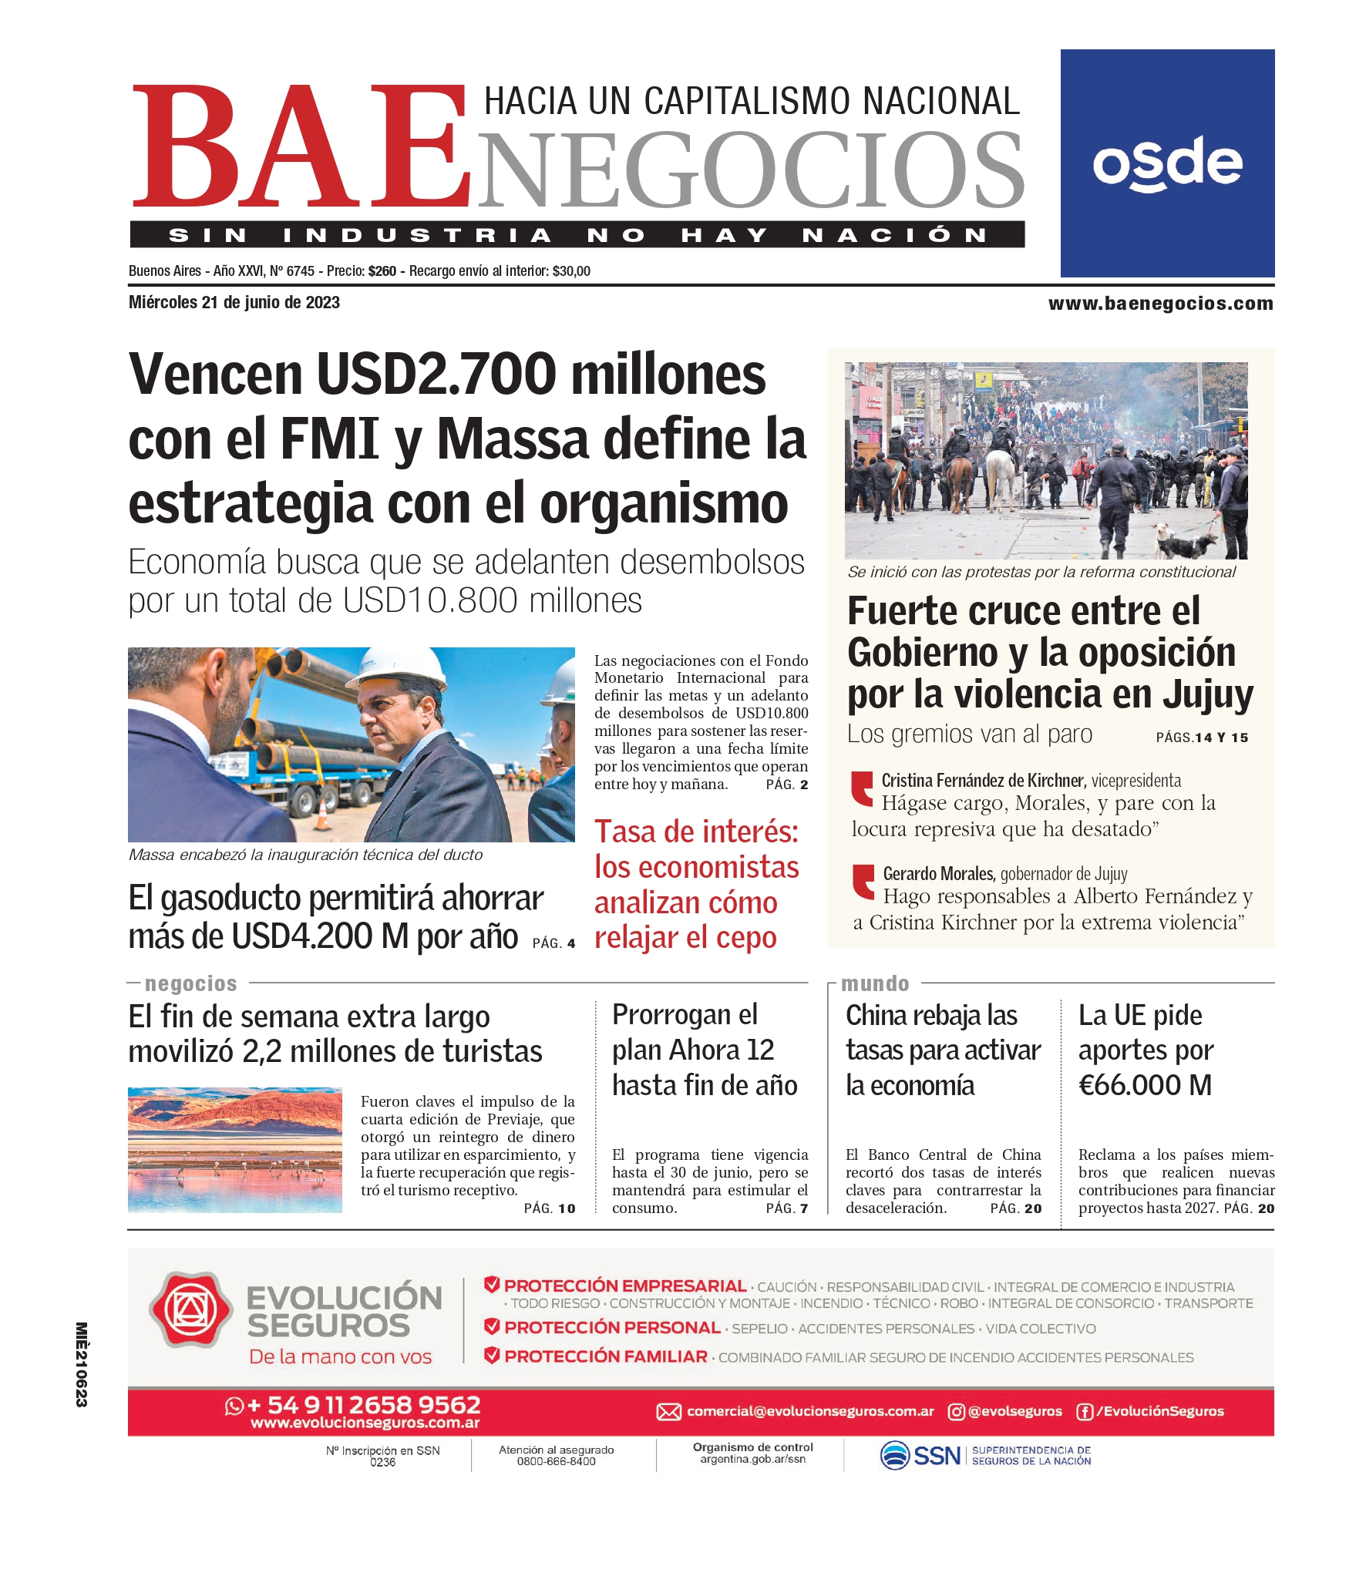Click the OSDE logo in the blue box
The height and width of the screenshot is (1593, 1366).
1166,163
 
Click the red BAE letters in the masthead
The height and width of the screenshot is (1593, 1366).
301,146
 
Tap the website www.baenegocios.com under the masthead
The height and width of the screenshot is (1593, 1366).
1160,304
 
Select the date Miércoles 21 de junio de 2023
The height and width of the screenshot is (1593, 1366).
234,303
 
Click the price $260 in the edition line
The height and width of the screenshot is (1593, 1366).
382,271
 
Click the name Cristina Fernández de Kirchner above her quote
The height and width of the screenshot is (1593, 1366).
983,781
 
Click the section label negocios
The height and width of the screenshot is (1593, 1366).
191,984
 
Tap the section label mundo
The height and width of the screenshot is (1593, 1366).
875,984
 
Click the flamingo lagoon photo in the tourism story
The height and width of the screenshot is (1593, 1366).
235,1150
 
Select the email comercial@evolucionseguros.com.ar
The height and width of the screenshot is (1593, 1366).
809,1411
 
